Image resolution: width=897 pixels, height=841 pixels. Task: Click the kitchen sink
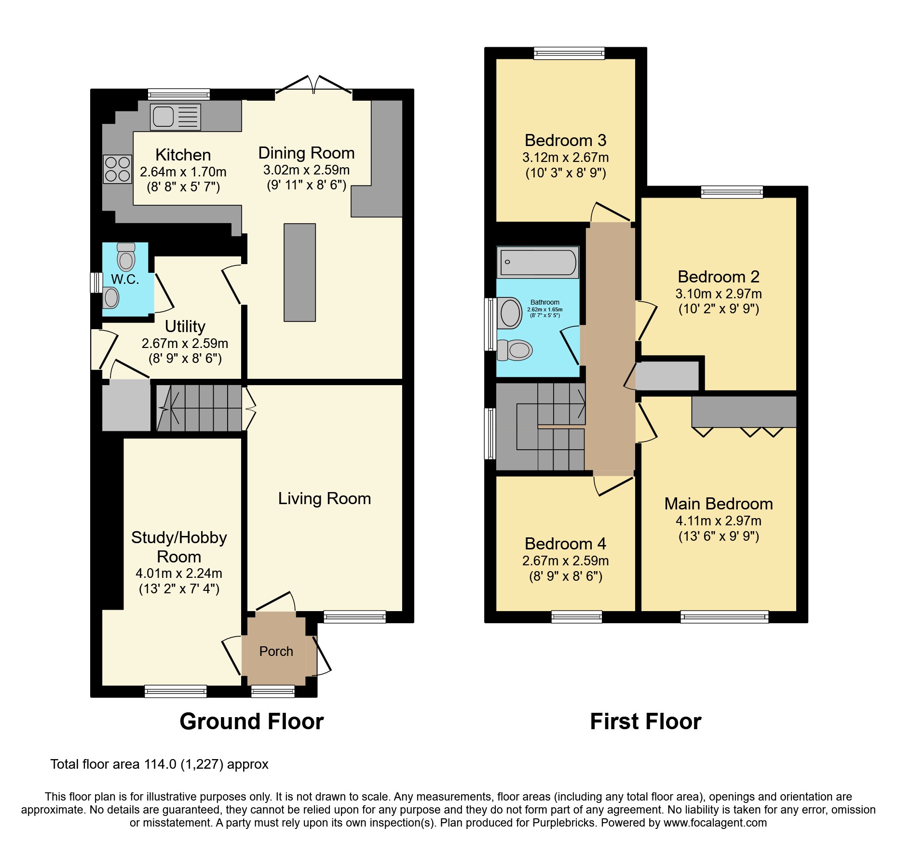175,117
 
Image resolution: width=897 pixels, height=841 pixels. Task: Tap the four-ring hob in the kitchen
117,169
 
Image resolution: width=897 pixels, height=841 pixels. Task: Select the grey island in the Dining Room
299,272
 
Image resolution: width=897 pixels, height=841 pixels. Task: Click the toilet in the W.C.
126,257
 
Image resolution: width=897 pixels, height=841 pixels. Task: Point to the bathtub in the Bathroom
538,263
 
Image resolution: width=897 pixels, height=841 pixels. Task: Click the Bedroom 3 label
565,140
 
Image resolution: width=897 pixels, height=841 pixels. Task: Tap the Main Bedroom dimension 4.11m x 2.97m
718,521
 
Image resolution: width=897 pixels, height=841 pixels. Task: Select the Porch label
276,651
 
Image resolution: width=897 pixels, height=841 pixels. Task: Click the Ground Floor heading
251,721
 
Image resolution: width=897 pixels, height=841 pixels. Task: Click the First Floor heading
645,721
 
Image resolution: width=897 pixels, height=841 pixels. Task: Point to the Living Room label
324,498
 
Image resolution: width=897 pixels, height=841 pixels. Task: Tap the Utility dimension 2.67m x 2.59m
185,343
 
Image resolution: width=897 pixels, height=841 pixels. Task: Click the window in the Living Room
354,616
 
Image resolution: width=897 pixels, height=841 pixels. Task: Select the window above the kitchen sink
178,94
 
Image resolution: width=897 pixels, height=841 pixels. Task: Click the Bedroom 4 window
576,616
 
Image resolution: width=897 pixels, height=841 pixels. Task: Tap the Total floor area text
159,764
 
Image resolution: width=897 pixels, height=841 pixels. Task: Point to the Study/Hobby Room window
176,691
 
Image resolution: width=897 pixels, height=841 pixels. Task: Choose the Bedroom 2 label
718,277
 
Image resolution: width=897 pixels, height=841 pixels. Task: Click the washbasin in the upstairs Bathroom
510,313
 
